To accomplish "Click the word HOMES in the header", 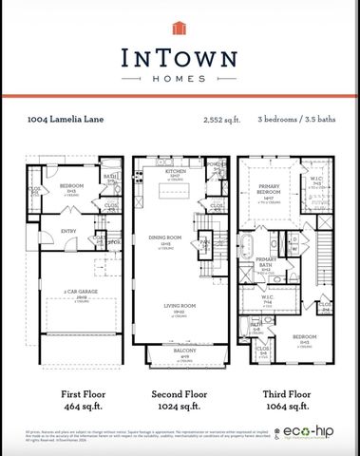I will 180,78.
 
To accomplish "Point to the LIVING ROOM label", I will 179,309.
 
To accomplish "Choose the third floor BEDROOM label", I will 301,337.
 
